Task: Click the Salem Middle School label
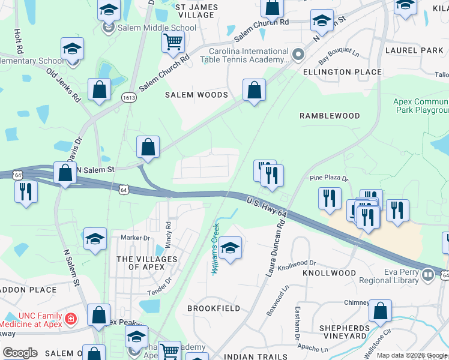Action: [157, 28]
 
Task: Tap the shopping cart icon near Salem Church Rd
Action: [173, 42]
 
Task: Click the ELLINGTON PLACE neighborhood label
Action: [342, 72]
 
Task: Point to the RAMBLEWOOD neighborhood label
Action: [330, 116]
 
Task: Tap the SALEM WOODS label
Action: [197, 95]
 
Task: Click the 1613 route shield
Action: [128, 97]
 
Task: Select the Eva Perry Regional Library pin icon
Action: [427, 275]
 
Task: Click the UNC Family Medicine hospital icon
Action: [71, 317]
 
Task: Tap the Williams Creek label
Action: [215, 248]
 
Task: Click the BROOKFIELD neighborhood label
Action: [214, 308]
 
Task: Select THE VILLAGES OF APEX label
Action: [147, 263]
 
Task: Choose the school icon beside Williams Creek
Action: [229, 248]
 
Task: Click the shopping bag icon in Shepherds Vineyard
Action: [381, 311]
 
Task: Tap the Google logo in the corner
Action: [20, 353]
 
